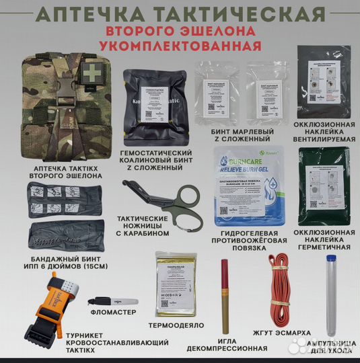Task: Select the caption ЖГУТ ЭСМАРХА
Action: (277, 331)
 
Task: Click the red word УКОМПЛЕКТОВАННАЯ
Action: (180, 46)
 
